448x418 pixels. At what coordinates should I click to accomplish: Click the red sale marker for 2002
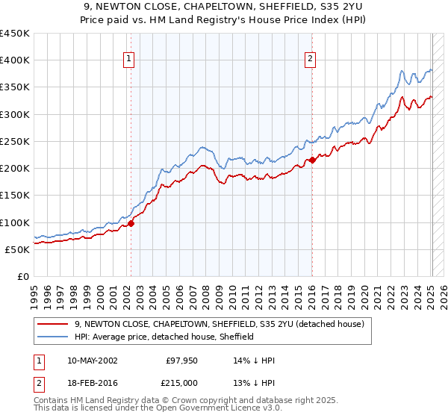(131, 222)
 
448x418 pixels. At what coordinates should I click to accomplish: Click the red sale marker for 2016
(312, 160)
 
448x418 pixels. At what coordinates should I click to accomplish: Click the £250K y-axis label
(15, 141)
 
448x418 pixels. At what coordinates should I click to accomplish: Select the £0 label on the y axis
(22, 276)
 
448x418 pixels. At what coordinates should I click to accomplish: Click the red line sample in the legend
(54, 324)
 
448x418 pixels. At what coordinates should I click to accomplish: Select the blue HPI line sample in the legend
(54, 337)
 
